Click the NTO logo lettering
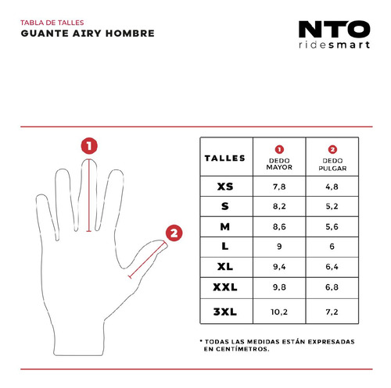coord(334,29)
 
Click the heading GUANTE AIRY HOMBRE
coord(88,34)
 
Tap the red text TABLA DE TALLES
coord(52,23)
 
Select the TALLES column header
coord(225,158)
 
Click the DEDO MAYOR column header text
coord(279,164)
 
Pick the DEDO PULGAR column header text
coord(332,165)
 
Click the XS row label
coord(225,187)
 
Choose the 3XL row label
coord(225,311)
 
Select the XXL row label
coord(225,287)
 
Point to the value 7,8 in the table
coord(279,187)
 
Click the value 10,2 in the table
coord(279,311)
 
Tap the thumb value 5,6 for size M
coord(332,226)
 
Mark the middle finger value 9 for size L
coord(279,246)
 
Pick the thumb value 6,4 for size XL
coord(332,266)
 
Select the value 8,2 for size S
coord(279,206)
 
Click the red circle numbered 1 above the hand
coord(89,146)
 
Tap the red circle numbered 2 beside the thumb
coord(174,233)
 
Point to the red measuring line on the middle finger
coord(89,195)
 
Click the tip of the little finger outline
coord(41,195)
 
